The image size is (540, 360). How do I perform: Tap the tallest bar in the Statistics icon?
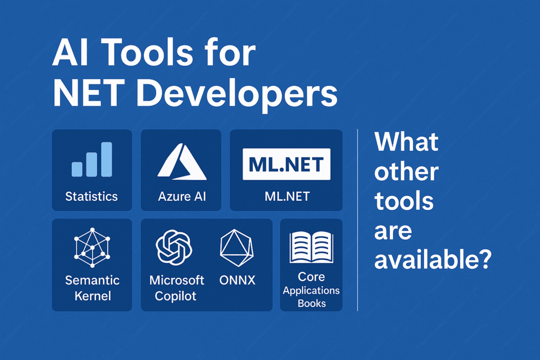tap(107, 159)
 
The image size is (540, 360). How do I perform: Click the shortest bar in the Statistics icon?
tap(77, 169)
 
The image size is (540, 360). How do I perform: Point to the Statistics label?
tap(92, 196)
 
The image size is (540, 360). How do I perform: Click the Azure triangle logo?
tap(182, 162)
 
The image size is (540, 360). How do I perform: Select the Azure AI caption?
tap(182, 196)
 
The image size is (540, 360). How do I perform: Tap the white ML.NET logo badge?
tap(286, 164)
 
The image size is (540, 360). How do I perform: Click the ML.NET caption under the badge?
tap(287, 196)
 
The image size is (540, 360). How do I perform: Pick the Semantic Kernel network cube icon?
tap(92, 247)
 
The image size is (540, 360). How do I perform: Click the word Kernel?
tap(93, 296)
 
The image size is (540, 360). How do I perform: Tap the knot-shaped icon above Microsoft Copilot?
tap(174, 247)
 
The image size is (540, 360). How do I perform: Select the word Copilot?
tap(175, 296)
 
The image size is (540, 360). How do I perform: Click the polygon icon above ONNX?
tap(237, 248)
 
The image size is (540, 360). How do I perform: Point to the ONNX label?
tap(237, 280)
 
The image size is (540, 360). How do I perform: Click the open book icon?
tap(311, 247)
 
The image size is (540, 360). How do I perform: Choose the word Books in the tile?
tap(312, 303)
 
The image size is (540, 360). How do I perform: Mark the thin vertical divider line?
tap(358, 220)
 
